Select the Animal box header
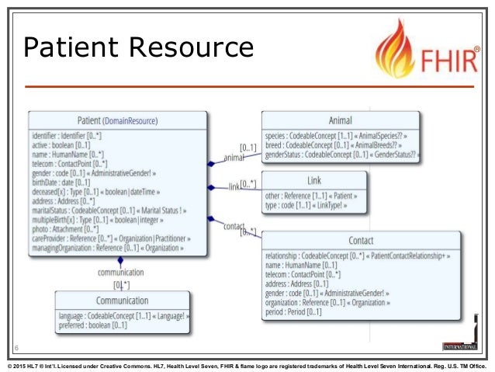coord(340,121)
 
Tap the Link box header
coord(313,180)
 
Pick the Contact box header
coord(360,241)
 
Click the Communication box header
coord(123,301)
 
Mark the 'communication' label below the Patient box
coord(120,273)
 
